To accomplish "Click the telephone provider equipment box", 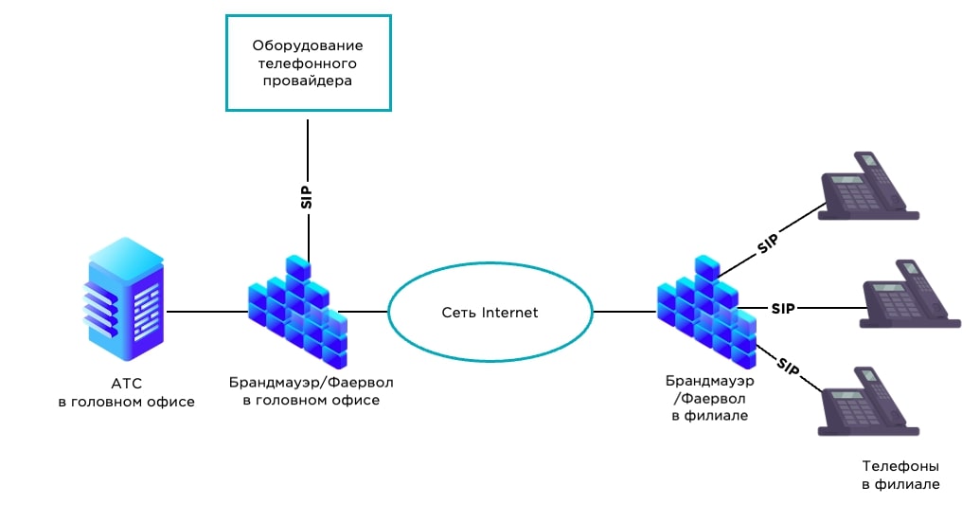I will (x=308, y=63).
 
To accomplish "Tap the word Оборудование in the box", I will (x=308, y=45).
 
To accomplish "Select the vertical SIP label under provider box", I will (x=307, y=194).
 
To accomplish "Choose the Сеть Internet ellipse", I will (x=490, y=313).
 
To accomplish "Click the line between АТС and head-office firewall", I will (x=204, y=311).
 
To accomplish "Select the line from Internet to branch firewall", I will (x=626, y=311).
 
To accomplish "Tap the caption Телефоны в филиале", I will (x=900, y=475).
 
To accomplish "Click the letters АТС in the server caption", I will (x=126, y=385).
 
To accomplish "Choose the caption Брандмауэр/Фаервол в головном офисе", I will (x=311, y=391).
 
